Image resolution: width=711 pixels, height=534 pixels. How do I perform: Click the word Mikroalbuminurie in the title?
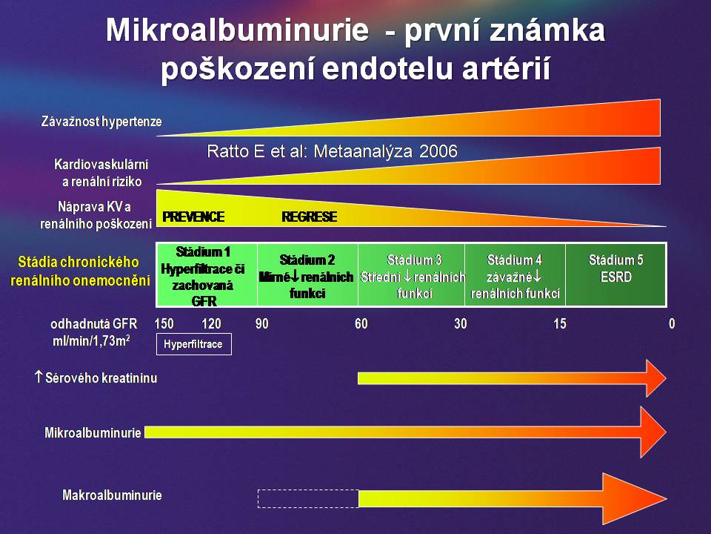click(237, 30)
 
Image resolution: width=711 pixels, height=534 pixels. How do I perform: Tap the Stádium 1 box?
click(207, 274)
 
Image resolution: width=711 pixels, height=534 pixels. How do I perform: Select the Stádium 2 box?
click(307, 274)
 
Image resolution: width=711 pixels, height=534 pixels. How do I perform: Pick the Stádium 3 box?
click(411, 274)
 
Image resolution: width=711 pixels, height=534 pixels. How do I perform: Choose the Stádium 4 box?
click(515, 274)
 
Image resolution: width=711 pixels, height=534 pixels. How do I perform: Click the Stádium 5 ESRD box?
click(615, 274)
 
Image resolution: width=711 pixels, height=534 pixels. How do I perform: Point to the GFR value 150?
click(164, 324)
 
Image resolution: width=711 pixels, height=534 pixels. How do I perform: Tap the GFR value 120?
click(211, 324)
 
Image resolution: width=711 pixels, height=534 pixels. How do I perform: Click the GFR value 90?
click(261, 324)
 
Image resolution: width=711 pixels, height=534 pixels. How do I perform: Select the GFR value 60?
click(361, 324)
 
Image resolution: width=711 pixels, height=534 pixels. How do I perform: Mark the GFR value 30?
click(460, 324)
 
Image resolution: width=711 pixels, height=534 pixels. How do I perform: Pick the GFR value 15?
click(560, 324)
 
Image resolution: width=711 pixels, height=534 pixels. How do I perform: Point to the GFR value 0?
click(672, 324)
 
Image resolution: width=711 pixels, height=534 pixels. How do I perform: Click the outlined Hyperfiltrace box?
click(193, 344)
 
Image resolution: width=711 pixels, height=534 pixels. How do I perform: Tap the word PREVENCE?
click(193, 217)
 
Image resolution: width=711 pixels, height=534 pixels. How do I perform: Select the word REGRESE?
click(310, 217)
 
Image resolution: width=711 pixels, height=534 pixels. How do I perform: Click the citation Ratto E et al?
click(333, 151)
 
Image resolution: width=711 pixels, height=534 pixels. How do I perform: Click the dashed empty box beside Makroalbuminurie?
click(308, 498)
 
